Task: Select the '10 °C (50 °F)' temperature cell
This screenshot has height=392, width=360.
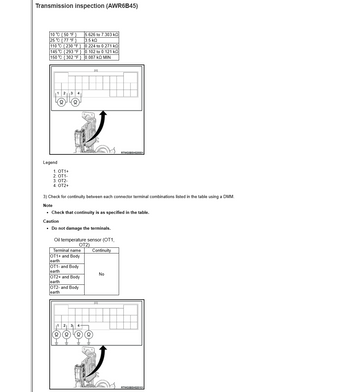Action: (65, 35)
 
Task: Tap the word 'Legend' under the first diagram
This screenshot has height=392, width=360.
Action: (50, 162)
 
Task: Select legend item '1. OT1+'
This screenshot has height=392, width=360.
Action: (61, 171)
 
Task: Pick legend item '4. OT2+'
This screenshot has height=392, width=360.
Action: (61, 186)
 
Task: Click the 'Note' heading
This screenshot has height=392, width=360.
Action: (48, 205)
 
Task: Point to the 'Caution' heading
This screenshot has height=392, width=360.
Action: (50, 221)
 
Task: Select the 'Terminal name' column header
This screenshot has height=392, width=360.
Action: (67, 250)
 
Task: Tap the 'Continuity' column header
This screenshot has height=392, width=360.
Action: (101, 250)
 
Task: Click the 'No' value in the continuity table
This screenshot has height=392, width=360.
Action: (101, 274)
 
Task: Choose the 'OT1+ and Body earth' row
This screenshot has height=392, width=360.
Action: (67, 259)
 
